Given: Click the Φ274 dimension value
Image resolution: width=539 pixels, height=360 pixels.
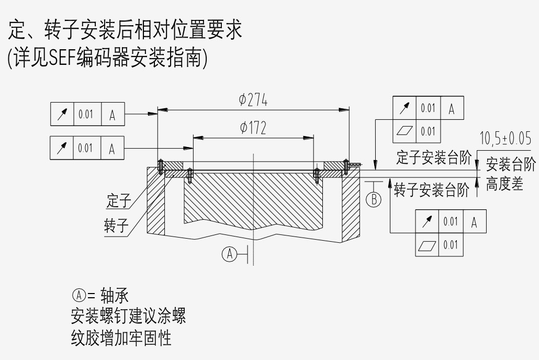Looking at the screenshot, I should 253,100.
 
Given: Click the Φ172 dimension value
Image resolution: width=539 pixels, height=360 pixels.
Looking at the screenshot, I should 253,128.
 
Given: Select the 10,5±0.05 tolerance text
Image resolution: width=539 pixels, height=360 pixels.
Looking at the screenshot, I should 505,139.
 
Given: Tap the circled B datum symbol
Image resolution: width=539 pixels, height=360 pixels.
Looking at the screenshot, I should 374,199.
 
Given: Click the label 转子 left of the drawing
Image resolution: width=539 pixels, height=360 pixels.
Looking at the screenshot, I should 116,226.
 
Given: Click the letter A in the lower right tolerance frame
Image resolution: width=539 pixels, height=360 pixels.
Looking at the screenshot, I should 474,222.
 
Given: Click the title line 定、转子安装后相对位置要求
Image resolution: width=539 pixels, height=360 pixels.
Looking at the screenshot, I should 126,30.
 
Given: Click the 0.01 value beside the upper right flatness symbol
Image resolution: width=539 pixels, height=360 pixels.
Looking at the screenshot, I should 428,131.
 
